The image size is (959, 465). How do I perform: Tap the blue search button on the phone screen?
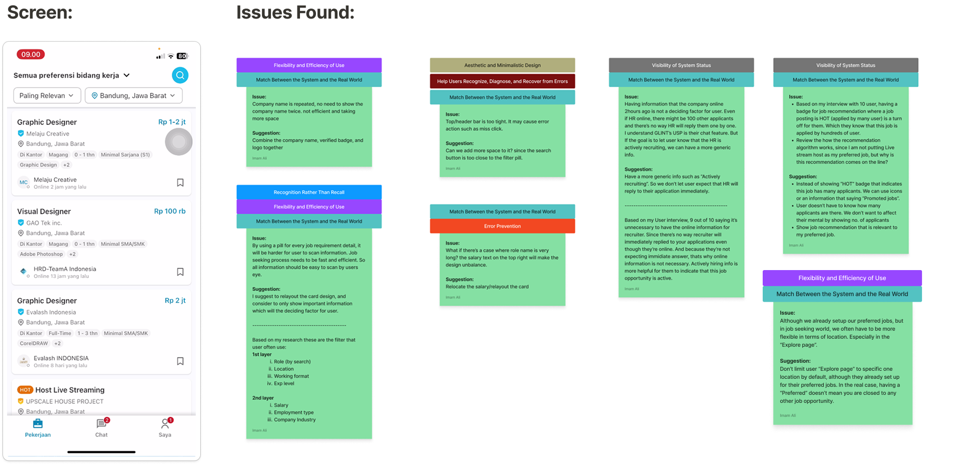pos(180,75)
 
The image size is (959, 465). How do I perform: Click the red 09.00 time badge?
pos(31,55)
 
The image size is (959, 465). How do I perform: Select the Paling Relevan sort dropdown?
pos(47,96)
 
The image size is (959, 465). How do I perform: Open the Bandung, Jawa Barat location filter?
pos(133,96)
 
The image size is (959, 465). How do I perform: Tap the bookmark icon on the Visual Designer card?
pos(180,272)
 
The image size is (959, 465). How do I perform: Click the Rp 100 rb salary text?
pos(170,211)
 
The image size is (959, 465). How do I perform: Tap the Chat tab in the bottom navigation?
pos(102,427)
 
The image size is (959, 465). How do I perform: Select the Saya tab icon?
pos(165,423)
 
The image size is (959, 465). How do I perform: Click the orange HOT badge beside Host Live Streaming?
pos(25,390)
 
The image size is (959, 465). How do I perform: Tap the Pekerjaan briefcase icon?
pos(38,423)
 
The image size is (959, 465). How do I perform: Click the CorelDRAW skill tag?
pos(34,344)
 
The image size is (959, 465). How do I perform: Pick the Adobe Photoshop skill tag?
pos(42,255)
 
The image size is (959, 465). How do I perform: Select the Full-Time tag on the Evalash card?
pos(60,334)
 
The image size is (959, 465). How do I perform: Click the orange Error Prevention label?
pos(502,226)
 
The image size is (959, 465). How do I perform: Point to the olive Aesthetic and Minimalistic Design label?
pos(502,65)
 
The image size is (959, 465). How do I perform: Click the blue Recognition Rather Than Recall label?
pos(309,192)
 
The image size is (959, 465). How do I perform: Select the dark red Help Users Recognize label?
pos(502,81)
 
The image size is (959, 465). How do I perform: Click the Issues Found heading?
pos(295,13)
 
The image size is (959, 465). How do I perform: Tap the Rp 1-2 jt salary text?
pos(172,122)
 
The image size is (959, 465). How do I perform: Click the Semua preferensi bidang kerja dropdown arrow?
pos(127,75)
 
